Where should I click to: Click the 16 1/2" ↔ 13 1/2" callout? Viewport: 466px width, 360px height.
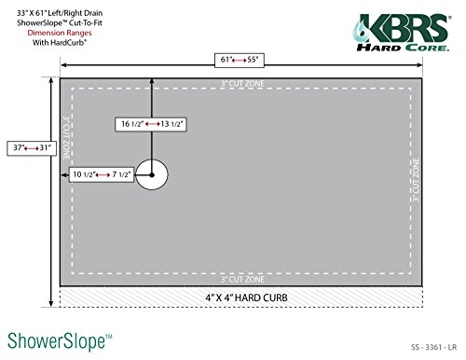[151, 123]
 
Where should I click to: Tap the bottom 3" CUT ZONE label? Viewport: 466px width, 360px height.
[240, 279]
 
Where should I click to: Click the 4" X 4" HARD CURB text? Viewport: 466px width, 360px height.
[239, 298]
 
